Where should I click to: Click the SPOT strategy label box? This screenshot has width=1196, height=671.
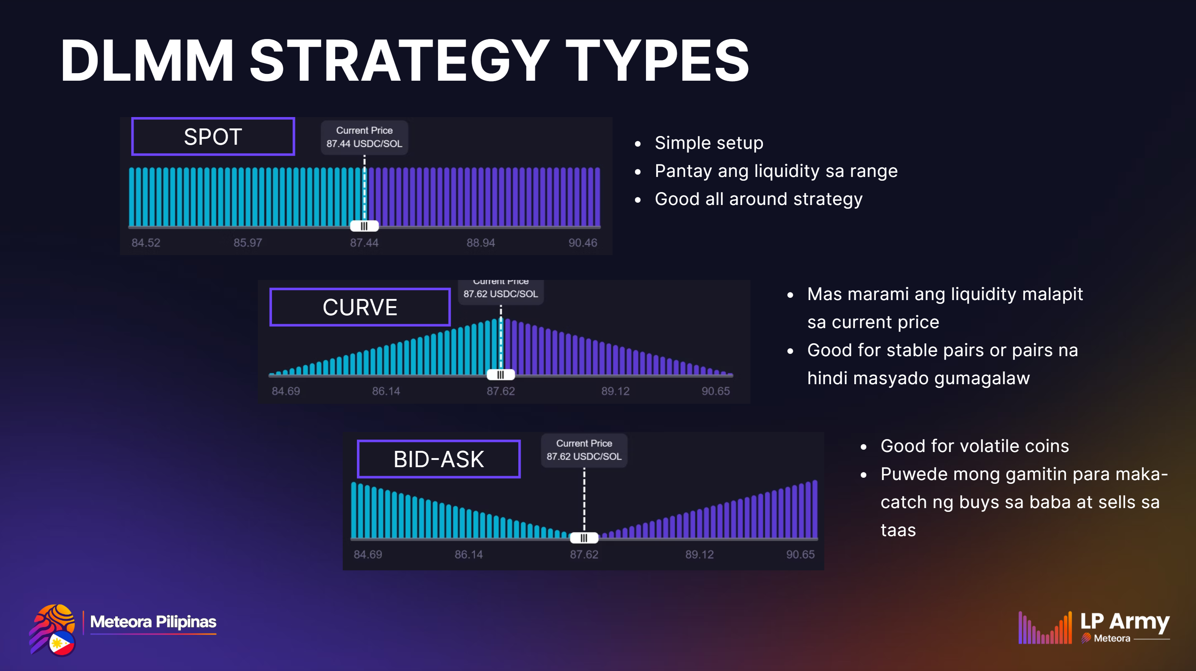pyautogui.click(x=213, y=136)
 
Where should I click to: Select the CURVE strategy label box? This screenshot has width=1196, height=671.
pyautogui.click(x=360, y=307)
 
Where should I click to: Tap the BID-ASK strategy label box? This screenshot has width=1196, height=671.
pyautogui.click(x=438, y=459)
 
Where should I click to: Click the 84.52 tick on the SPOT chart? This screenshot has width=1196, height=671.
pyautogui.click(x=146, y=243)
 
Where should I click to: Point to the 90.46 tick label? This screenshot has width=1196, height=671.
pyautogui.click(x=583, y=243)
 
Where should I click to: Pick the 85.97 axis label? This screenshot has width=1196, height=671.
pyautogui.click(x=247, y=243)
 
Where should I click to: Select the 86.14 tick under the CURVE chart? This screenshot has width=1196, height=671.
pyautogui.click(x=386, y=391)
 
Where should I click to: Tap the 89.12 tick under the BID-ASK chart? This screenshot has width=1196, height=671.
pyautogui.click(x=699, y=554)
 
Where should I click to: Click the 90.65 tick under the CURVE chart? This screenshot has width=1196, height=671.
pyautogui.click(x=716, y=391)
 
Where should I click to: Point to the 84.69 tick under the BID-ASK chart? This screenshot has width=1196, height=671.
pyautogui.click(x=368, y=554)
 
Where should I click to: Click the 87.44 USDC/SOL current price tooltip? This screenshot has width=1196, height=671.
pyautogui.click(x=364, y=138)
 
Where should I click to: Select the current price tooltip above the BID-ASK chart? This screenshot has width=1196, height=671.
pyautogui.click(x=584, y=450)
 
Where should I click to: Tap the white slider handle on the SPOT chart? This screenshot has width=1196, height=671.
pyautogui.click(x=364, y=226)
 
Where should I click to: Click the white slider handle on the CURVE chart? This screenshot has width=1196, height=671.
pyautogui.click(x=500, y=375)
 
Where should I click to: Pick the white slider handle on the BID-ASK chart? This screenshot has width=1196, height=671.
pyautogui.click(x=584, y=538)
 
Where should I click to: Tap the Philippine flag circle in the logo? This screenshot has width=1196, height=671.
pyautogui.click(x=62, y=643)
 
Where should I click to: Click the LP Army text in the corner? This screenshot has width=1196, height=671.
pyautogui.click(x=1124, y=622)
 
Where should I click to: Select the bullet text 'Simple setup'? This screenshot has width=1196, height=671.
pyautogui.click(x=709, y=143)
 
